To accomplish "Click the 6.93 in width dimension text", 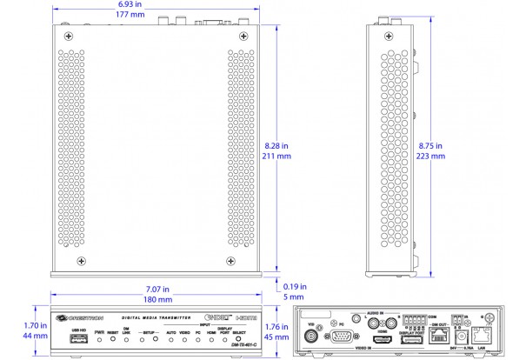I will point(131,5).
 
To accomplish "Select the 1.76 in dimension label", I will point(278,327).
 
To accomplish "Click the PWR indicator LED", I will point(99,339).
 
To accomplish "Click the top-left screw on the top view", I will point(70,36).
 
